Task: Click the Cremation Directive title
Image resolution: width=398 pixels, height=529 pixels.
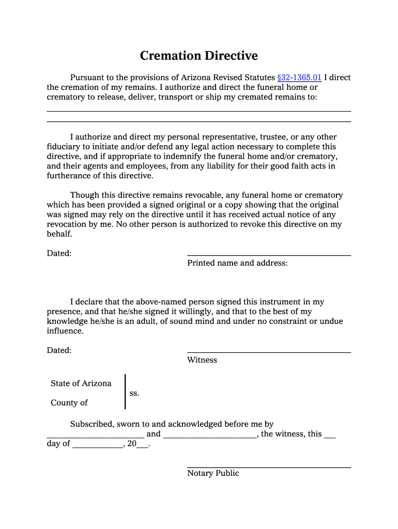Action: click(198, 56)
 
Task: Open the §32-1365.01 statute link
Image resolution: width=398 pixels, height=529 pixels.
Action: click(299, 77)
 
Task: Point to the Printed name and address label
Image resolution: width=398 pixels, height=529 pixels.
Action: click(237, 263)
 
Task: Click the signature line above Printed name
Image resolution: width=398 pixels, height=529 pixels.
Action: click(269, 255)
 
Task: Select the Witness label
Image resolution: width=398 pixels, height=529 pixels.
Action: click(202, 360)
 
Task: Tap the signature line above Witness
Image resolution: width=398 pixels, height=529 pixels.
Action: click(269, 352)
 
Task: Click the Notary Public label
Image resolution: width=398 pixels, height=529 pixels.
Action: click(213, 473)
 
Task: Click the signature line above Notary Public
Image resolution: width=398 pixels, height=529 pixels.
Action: click(269, 468)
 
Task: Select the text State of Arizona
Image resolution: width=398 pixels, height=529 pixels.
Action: click(81, 383)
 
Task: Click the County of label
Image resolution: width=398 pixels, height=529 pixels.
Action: click(69, 403)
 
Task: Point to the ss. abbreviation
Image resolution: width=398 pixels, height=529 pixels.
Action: click(134, 393)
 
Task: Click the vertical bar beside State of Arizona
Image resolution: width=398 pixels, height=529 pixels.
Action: click(125, 392)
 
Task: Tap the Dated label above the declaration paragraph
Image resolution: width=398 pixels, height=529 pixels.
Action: click(59, 253)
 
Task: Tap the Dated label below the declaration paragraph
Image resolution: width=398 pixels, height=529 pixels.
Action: click(59, 350)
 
